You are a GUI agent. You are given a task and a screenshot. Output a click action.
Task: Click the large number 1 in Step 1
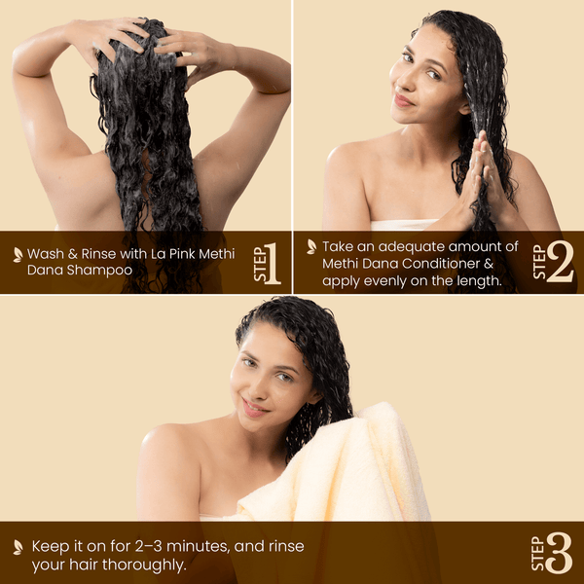(x=273, y=264)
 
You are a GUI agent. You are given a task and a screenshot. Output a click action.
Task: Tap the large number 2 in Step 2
(x=560, y=262)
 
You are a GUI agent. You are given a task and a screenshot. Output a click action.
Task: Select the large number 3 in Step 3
(x=559, y=553)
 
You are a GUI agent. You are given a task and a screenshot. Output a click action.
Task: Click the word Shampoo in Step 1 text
(x=99, y=271)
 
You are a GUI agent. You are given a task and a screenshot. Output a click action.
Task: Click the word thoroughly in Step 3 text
(x=144, y=565)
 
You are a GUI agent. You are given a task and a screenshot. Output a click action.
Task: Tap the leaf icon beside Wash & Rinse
(x=18, y=255)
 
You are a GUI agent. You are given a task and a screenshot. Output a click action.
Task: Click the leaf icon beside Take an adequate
(x=311, y=247)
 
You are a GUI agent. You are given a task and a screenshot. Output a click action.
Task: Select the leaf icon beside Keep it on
(x=18, y=547)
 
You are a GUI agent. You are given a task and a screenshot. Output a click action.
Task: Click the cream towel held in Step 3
(x=335, y=469)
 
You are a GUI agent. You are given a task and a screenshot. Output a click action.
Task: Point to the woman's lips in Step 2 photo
(x=403, y=100)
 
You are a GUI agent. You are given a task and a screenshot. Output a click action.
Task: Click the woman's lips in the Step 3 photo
(x=254, y=409)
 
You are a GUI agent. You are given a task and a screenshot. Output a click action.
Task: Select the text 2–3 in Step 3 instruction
(x=149, y=546)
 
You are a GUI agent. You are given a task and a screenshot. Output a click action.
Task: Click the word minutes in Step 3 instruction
(x=198, y=546)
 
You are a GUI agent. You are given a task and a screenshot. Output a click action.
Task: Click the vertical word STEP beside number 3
(x=538, y=554)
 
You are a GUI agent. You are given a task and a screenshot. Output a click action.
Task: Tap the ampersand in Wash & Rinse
(x=73, y=254)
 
